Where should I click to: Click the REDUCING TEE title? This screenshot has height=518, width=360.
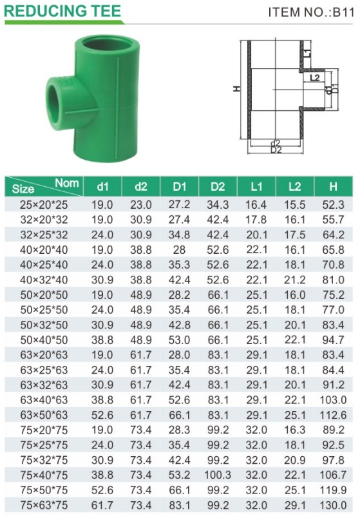coord(62,11)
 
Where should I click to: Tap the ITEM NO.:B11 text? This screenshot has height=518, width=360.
coord(311,12)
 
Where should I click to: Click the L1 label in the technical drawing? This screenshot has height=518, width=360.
coord(307,53)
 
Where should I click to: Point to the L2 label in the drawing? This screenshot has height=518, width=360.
coord(315,77)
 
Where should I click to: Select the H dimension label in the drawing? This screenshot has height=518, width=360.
coord(237,88)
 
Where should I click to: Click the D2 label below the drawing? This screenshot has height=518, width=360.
coord(276,149)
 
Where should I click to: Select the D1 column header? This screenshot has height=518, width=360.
coord(179,187)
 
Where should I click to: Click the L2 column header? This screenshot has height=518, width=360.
coord(294,187)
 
